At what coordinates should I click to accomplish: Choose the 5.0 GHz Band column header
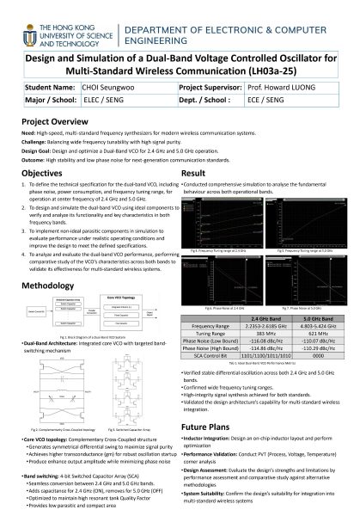click(308, 341)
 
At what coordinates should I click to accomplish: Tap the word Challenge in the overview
click(36, 142)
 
